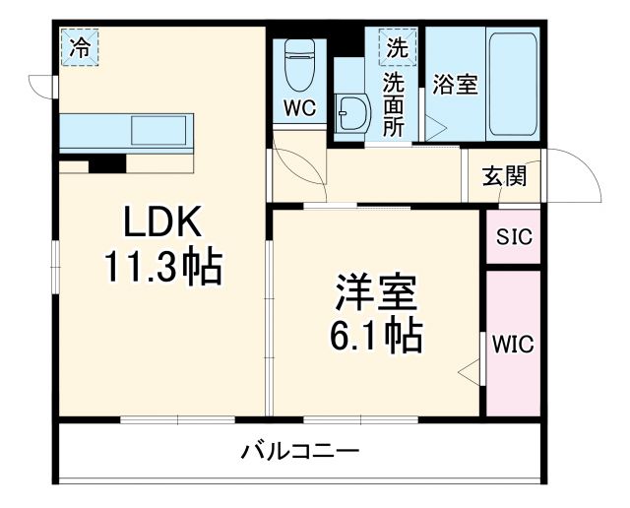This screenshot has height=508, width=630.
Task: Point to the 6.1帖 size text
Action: [377, 337]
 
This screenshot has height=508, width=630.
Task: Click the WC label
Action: [301, 109]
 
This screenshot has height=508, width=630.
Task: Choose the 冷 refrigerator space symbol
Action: [80, 44]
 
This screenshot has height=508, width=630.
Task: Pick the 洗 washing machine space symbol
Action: [397, 45]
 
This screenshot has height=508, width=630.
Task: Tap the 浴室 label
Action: [455, 86]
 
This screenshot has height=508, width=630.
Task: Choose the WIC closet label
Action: [513, 345]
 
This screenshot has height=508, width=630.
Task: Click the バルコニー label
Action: [299, 452]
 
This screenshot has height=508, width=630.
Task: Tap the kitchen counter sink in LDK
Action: [162, 129]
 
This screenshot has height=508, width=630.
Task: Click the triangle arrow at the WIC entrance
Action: [470, 372]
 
